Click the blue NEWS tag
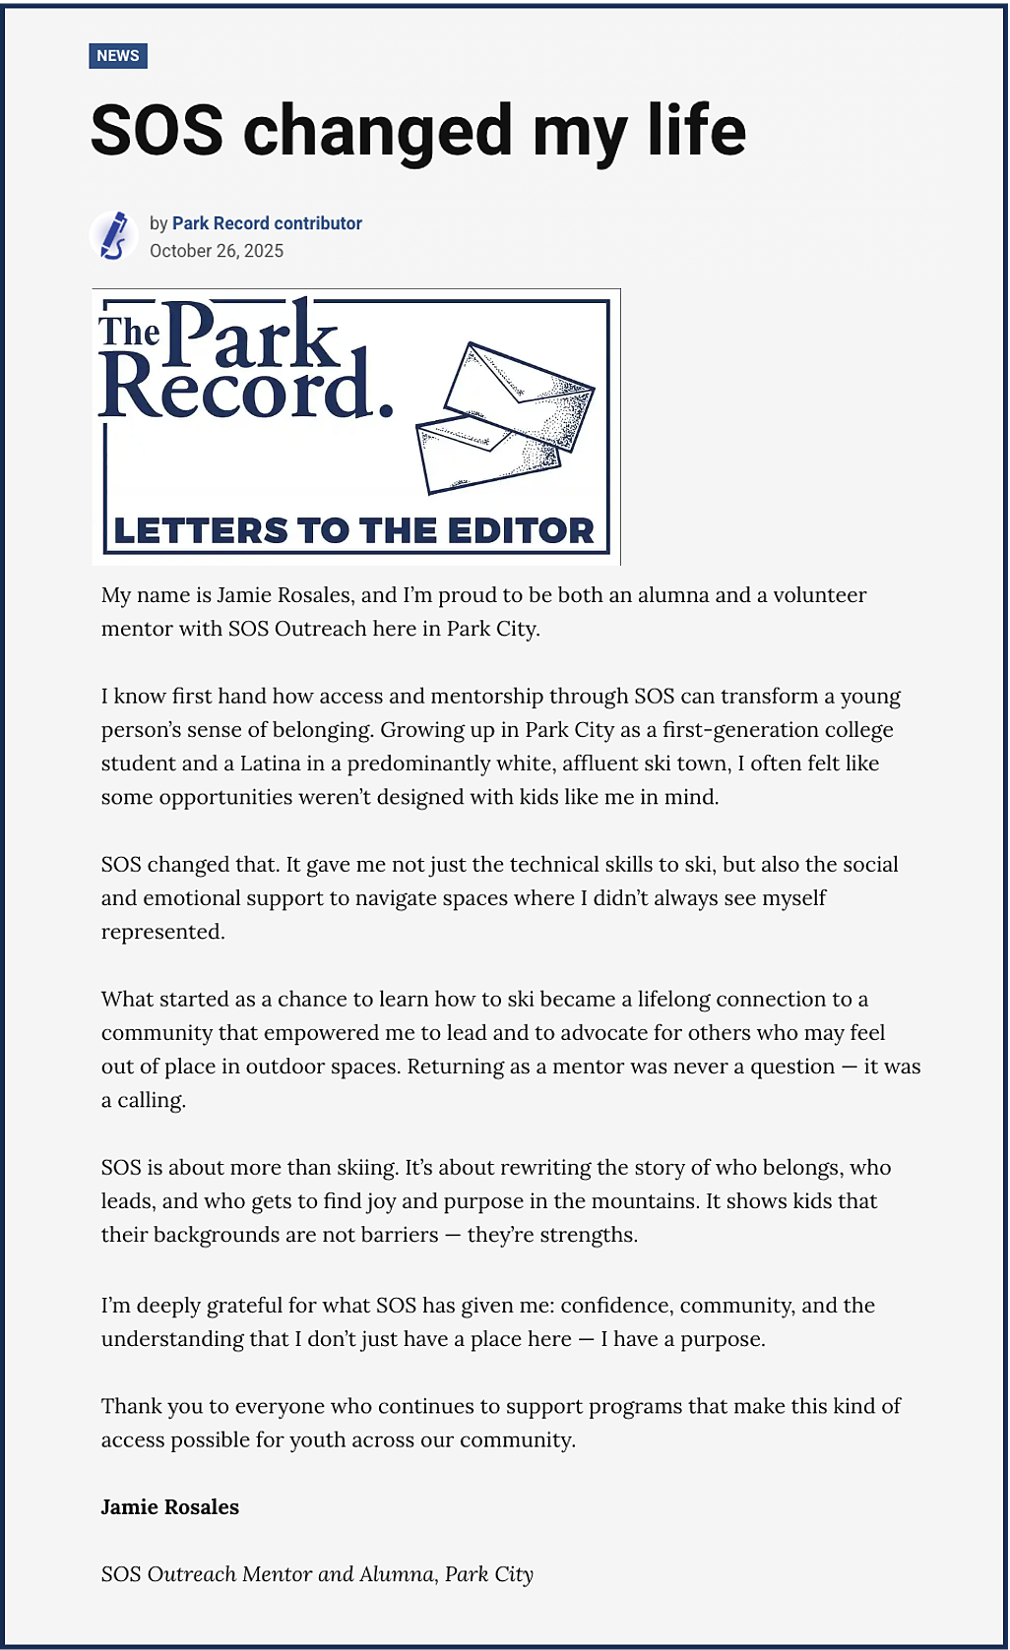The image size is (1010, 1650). (118, 56)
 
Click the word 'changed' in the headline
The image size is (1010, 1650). (378, 132)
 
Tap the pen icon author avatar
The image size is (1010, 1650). (114, 236)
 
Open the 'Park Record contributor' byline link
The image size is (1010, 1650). (267, 223)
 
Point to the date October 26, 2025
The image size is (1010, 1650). (217, 251)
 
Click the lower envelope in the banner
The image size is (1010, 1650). (488, 453)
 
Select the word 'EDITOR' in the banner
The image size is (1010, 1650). (521, 531)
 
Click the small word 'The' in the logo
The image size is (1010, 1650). (129, 333)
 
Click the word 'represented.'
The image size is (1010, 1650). (163, 932)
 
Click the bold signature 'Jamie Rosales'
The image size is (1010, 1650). (170, 1507)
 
